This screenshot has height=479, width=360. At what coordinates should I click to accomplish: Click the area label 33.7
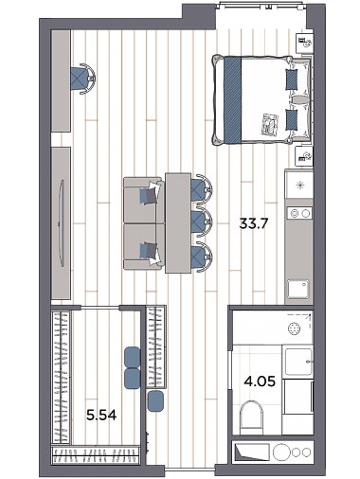tap(254, 224)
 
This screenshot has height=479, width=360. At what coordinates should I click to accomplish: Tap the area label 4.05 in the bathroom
tap(260, 381)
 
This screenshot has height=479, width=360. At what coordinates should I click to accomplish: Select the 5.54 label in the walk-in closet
tap(101, 416)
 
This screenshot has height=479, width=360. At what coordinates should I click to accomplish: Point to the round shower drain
tap(294, 328)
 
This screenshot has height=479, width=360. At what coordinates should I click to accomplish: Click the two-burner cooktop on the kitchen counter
tap(299, 213)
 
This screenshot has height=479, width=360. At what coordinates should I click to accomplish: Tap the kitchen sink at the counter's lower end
tap(298, 290)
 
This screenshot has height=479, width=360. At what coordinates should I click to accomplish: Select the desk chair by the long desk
tap(83, 79)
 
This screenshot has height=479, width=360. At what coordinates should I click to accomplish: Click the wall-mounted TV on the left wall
tap(62, 222)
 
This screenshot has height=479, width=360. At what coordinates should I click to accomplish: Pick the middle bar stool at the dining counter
tap(202, 222)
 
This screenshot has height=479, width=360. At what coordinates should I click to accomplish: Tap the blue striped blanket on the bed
tap(233, 99)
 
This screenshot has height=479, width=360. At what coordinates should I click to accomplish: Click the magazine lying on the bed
tap(269, 124)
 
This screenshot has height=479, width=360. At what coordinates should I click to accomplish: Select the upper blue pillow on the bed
tap(292, 80)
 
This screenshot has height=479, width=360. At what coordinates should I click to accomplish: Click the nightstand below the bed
tap(304, 156)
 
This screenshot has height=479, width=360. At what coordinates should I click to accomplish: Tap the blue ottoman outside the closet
tap(155, 400)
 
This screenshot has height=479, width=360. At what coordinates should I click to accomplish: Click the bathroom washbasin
tap(298, 362)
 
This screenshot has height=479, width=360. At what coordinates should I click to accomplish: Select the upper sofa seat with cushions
tap(144, 200)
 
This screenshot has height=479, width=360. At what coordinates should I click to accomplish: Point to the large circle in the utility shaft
tap(281, 452)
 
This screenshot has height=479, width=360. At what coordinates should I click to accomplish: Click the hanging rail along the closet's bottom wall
tap(96, 455)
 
